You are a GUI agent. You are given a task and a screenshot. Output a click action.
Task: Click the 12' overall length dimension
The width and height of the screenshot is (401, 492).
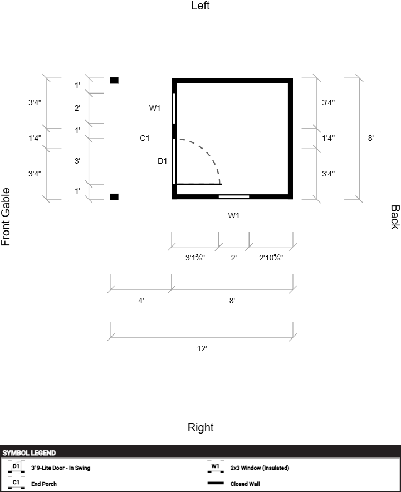(202, 348)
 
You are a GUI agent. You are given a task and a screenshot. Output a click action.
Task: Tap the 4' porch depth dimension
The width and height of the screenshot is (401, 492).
(141, 301)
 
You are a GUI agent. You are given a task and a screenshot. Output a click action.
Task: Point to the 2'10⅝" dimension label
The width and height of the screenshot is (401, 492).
(271, 258)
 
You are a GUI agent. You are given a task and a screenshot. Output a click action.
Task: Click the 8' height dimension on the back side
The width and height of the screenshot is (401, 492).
(370, 138)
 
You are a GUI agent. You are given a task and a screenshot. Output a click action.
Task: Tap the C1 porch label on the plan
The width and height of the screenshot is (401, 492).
(145, 138)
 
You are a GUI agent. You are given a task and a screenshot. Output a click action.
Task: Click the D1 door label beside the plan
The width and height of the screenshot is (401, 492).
(162, 161)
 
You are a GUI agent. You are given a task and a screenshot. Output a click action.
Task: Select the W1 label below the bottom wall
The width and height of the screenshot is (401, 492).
(233, 215)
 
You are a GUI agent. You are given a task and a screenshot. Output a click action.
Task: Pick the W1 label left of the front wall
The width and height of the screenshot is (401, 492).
(155, 108)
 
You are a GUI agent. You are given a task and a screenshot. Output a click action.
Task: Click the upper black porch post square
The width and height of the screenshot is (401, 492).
(114, 81)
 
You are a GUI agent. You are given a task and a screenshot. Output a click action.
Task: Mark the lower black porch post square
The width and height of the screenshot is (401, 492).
(114, 196)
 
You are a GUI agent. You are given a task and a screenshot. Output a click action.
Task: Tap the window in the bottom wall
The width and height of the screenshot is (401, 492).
(233, 196)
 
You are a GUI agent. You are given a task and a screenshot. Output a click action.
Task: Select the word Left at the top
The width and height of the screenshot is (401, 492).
(200, 6)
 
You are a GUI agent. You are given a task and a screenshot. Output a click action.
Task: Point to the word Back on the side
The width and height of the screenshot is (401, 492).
(394, 217)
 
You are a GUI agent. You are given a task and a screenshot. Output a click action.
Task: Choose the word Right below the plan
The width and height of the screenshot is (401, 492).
(200, 427)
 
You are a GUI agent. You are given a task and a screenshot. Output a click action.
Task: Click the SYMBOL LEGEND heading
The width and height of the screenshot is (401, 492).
(29, 453)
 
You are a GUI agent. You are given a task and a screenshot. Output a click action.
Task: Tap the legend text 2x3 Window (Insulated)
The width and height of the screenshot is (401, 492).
(260, 468)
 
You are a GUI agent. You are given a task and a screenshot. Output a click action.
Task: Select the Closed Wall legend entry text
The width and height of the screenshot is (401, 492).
(245, 484)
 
